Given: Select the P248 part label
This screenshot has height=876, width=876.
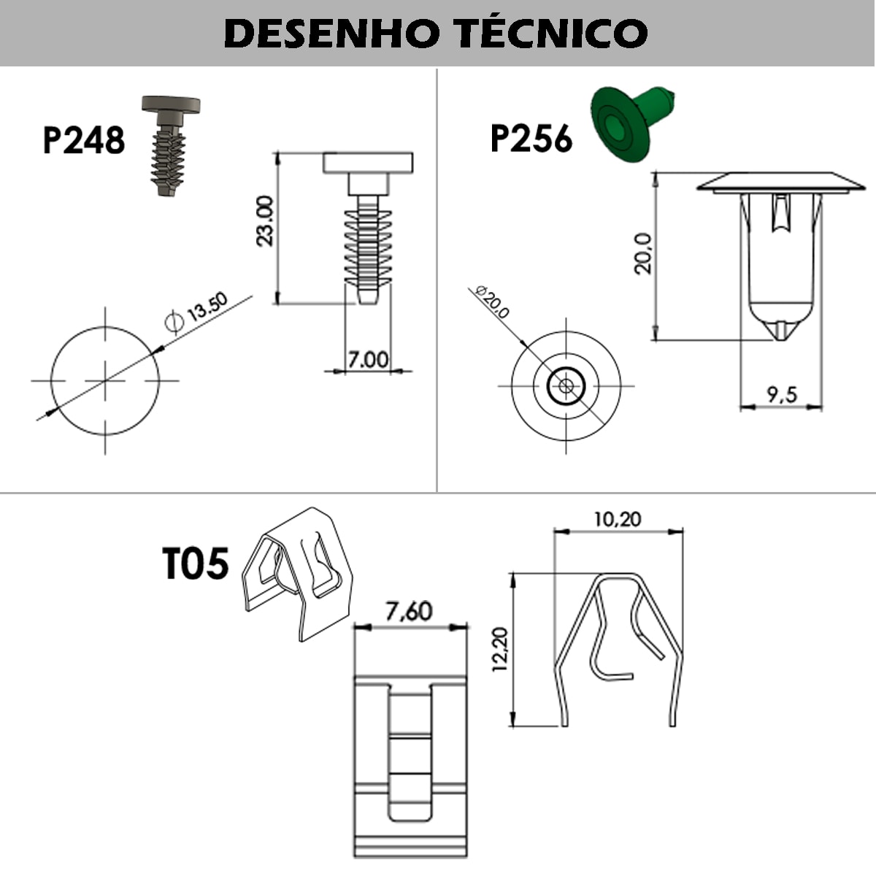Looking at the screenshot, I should click(x=83, y=140).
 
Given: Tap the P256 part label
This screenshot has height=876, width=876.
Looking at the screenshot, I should click(x=531, y=139).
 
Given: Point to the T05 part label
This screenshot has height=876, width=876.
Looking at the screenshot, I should click(x=195, y=564).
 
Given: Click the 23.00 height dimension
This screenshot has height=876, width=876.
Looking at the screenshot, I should click(x=265, y=220).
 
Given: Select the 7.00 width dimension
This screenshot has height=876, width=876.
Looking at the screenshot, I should click(x=368, y=359).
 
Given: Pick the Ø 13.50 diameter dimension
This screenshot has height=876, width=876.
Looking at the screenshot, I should click(x=197, y=312).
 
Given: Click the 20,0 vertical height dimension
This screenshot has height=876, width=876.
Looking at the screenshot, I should click(x=643, y=253).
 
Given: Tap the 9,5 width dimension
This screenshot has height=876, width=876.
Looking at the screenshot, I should click(x=781, y=395).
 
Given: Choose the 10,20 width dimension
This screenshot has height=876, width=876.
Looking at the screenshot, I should click(x=617, y=519).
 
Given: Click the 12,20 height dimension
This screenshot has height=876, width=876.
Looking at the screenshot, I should click(x=501, y=649).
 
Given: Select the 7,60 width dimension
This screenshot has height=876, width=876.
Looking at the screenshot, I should click(x=409, y=611).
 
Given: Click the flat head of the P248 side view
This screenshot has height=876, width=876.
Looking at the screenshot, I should click(x=368, y=163).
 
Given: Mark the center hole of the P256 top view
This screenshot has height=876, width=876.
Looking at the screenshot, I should click(x=566, y=385).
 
